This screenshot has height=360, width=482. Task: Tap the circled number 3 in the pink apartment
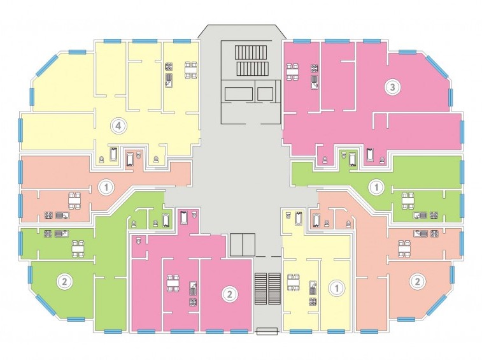(393, 87)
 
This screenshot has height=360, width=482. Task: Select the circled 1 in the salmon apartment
(106, 187)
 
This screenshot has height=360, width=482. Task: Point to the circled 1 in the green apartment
(376, 187)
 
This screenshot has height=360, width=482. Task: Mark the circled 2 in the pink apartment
(229, 294)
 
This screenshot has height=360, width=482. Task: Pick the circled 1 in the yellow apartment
(337, 288)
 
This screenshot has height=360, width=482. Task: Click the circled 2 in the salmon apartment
(418, 281)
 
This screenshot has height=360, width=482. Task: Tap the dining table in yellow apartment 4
(191, 71)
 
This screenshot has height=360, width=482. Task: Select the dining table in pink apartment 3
(293, 72)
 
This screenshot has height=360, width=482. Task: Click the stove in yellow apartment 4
(169, 67)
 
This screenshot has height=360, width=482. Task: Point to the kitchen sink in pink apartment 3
(314, 82)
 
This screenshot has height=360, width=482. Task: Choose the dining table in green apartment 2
(78, 248)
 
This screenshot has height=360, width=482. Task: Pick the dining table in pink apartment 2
(173, 283)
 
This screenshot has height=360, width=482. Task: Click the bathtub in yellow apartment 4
(114, 154)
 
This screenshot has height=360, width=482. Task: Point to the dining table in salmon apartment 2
(404, 248)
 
